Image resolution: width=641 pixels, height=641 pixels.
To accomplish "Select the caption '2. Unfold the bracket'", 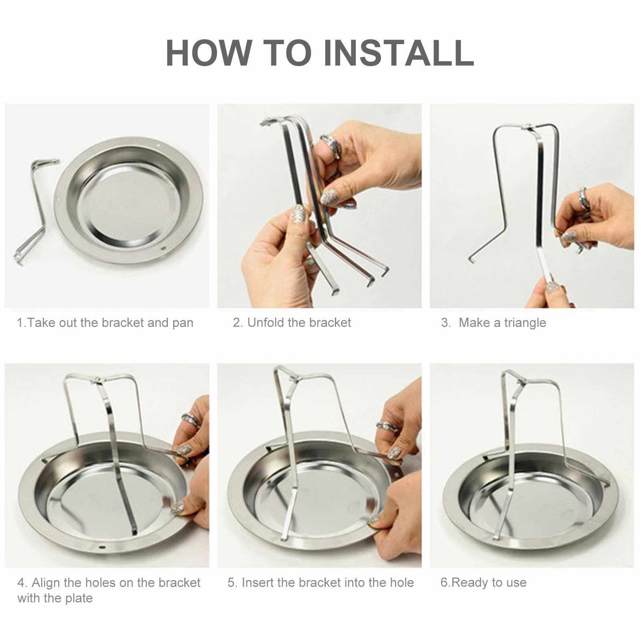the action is coord(292,323).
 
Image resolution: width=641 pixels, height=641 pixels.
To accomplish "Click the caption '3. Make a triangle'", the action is coord(494,323).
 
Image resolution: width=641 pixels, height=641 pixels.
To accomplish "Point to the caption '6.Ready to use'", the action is coord(484,582).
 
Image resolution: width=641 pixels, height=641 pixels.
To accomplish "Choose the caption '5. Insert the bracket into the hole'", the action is coord(321,582).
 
